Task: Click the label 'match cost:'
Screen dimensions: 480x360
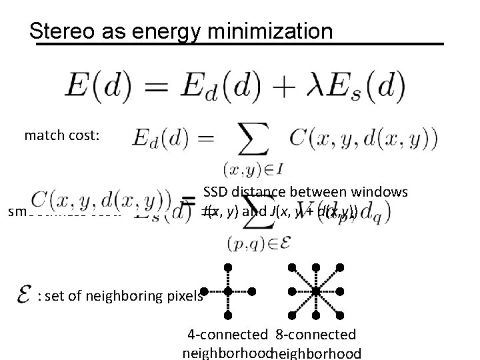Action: [x=62, y=135]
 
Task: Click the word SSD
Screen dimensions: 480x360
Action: [x=217, y=192]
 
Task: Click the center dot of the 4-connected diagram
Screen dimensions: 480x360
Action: [x=227, y=291]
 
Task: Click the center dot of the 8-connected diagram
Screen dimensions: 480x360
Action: [x=317, y=291]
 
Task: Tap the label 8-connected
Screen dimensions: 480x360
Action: [x=315, y=334]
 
